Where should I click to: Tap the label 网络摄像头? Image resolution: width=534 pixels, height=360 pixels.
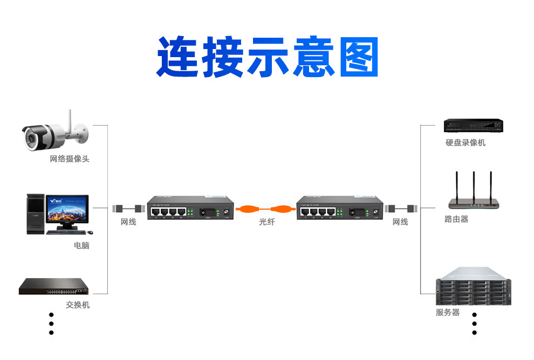pos(69,159)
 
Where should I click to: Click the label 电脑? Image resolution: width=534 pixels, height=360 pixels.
pos(81,246)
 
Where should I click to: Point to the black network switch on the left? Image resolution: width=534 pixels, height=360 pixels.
pos(56,286)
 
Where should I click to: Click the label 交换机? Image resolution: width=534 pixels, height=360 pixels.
pos(78,305)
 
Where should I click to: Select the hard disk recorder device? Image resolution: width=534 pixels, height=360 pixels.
pos(473,126)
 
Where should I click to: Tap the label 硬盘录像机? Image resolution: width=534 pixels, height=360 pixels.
pos(465,143)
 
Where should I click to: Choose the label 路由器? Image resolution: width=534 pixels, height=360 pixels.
pos(456,219)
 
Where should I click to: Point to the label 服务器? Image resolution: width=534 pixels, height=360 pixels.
pos(448,313)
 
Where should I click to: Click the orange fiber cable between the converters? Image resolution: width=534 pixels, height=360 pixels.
pos(266,209)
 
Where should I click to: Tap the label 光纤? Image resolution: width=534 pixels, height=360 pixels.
pos(266,222)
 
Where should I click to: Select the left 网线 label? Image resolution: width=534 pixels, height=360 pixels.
pos(128,222)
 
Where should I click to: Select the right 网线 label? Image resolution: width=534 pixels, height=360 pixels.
pos(400,222)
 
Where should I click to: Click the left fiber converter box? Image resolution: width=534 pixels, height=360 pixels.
pos(190,207)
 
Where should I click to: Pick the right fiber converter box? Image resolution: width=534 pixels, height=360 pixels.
pos(340,207)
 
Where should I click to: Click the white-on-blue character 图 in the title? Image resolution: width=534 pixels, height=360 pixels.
pos(359,57)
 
